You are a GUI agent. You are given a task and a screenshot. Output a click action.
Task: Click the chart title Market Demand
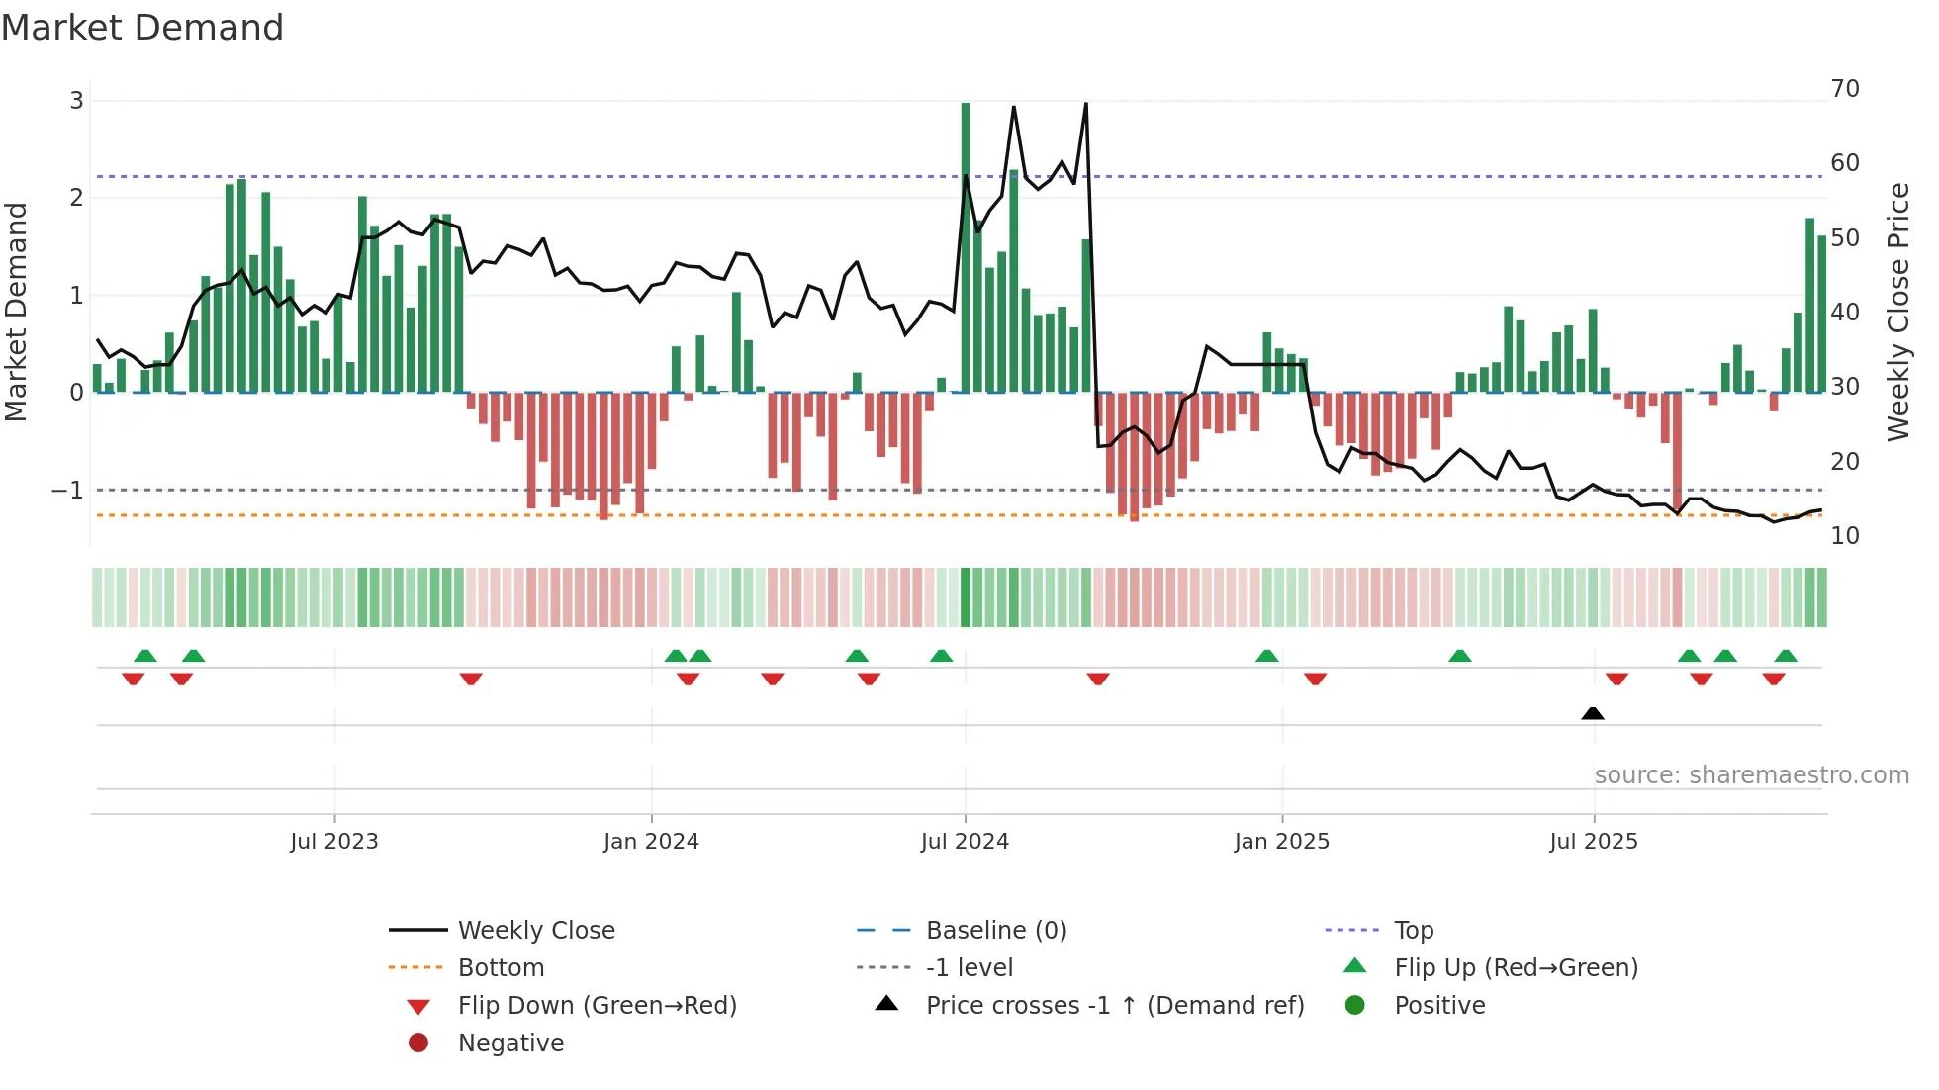(142, 28)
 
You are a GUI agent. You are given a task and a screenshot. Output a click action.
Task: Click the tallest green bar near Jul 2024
(966, 247)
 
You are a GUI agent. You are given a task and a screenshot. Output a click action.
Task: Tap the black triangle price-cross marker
(1592, 713)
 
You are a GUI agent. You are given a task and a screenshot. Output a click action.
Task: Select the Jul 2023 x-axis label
(334, 842)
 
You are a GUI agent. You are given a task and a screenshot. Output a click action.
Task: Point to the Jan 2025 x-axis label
(1281, 842)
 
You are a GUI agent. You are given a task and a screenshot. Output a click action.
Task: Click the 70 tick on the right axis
(1844, 89)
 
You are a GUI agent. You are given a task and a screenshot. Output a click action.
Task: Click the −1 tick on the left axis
(67, 491)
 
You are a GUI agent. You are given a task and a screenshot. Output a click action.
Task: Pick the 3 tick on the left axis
(76, 100)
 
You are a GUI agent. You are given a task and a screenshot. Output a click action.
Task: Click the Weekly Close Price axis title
(1897, 312)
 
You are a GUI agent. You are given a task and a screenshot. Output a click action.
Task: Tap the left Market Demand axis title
(16, 312)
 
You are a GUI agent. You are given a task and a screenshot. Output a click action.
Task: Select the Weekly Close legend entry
(535, 931)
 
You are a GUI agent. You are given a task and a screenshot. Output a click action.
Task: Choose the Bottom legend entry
(501, 968)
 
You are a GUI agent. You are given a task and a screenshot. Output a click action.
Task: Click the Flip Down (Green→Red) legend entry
(597, 1006)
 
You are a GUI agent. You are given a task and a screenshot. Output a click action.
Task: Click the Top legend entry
(1413, 931)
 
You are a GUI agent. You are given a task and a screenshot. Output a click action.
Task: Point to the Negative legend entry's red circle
(418, 1044)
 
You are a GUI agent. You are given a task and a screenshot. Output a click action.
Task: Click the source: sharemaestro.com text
(1751, 775)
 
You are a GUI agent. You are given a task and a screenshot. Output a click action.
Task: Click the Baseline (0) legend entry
(995, 931)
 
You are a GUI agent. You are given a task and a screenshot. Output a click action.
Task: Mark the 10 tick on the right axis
(1844, 536)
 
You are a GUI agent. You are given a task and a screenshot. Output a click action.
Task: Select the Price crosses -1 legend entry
(1114, 1006)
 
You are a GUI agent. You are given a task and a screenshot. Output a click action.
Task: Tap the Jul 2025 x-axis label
(1593, 842)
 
